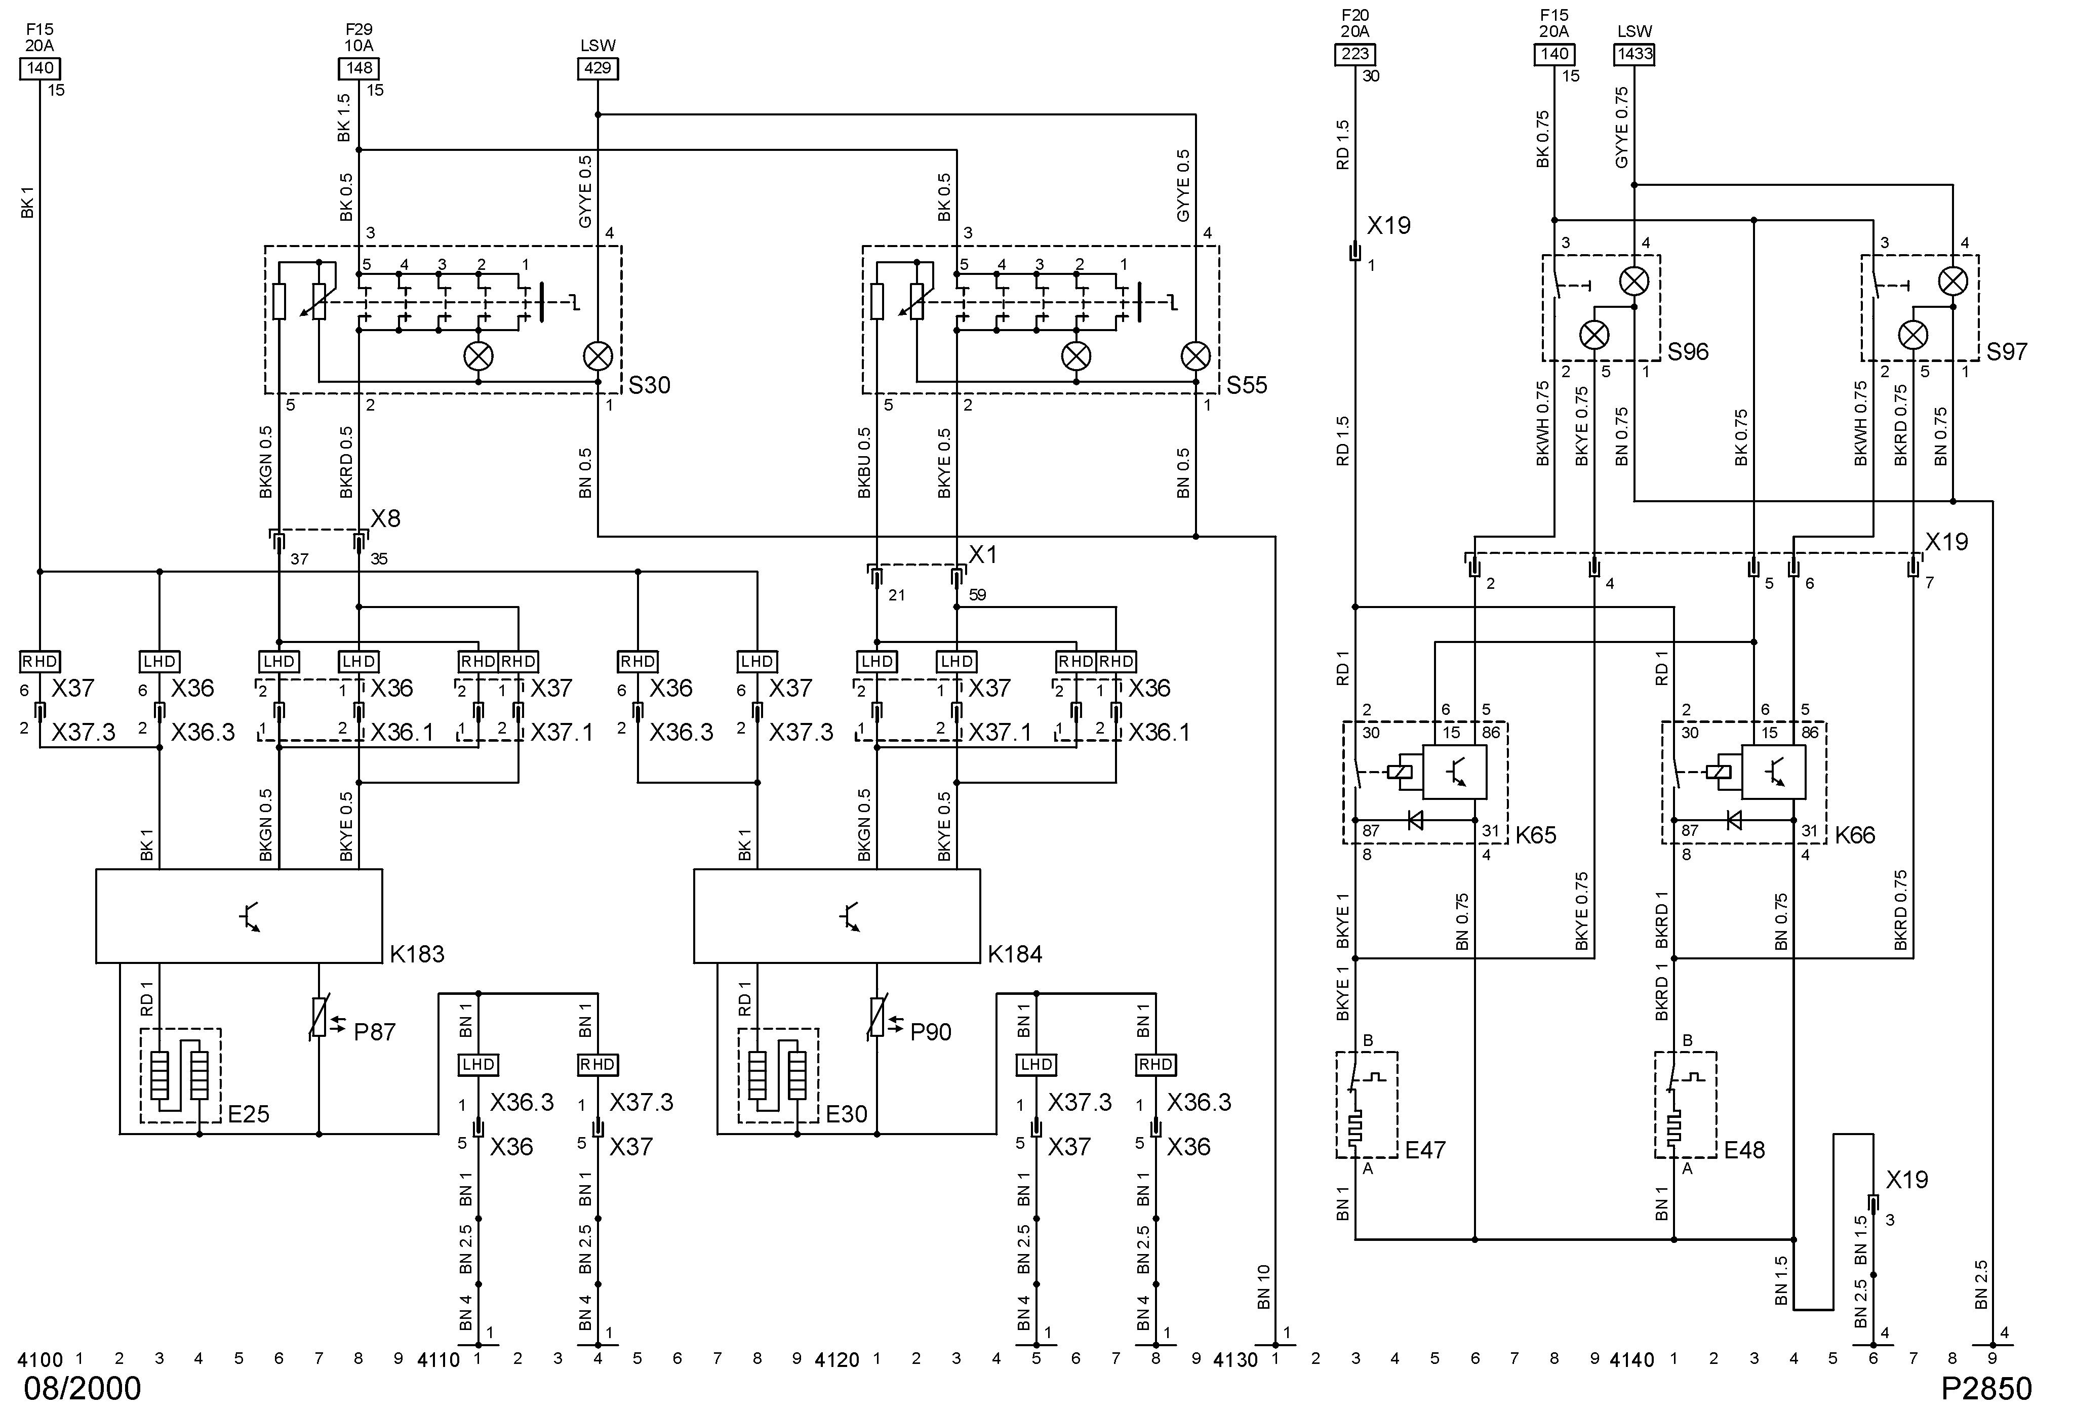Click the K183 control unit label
(417, 954)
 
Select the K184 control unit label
(1014, 954)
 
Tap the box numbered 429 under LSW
(597, 69)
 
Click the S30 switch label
(649, 385)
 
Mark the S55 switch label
(1246, 385)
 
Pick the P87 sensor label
(374, 1032)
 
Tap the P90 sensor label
(930, 1032)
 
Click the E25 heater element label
(248, 1114)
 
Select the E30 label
(846, 1114)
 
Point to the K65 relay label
(1535, 836)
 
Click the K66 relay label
(1854, 836)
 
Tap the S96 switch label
(1688, 352)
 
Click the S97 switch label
(2006, 352)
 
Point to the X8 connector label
(385, 519)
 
